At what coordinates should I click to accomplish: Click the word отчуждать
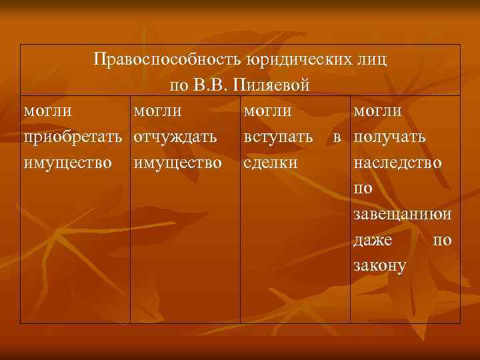point(174,137)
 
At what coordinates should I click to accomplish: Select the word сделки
point(270,163)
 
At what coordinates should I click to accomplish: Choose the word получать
point(391,137)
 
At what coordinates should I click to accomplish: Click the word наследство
point(397,163)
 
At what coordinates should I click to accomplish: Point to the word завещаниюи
point(403,215)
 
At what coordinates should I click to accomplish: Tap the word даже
point(374,240)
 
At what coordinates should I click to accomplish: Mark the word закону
point(381,265)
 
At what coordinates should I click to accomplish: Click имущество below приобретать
point(67,163)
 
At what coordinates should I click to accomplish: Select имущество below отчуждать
point(177,163)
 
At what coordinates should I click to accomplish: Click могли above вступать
point(268,111)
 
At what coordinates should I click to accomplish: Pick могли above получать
point(378,111)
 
